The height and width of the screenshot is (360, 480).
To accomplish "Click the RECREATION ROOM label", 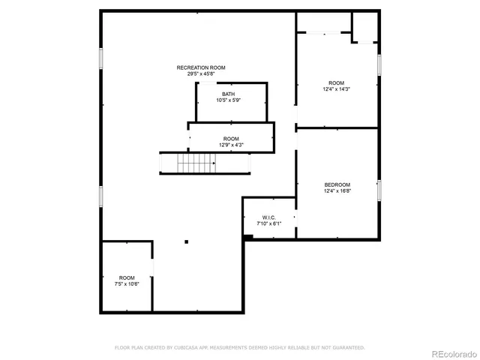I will click(200, 67).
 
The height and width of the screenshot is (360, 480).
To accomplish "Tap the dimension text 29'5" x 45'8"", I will click(200, 73).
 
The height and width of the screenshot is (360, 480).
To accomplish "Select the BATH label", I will click(228, 94).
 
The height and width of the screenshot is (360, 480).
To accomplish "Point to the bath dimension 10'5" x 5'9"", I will click(228, 100).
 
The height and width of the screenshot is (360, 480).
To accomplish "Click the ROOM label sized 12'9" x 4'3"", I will click(231, 139).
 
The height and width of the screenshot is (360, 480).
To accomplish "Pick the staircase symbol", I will click(187, 163).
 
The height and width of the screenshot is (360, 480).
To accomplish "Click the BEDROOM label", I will click(337, 184).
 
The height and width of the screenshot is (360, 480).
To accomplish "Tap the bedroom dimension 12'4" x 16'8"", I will click(337, 190).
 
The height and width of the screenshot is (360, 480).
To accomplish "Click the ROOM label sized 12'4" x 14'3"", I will click(337, 82).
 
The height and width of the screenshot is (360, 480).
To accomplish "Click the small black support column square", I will click(187, 241).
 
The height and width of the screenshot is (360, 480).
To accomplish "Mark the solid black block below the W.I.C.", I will click(248, 237).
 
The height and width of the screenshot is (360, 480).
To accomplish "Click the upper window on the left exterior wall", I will click(100, 59).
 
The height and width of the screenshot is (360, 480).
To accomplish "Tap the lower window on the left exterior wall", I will click(100, 196).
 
